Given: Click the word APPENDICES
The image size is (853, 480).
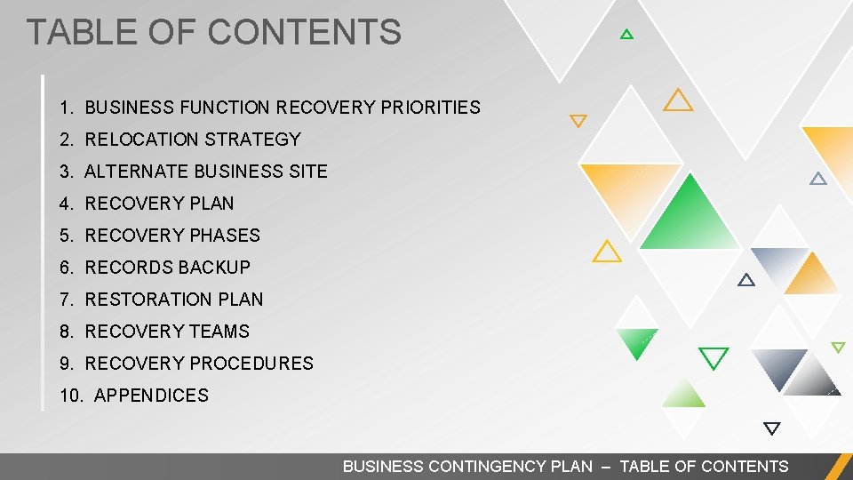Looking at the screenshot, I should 151,396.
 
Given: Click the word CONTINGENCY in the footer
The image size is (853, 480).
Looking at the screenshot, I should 510,467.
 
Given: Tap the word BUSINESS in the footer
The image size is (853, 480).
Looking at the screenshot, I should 383,467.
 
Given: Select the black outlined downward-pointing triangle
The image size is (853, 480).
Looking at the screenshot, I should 771,428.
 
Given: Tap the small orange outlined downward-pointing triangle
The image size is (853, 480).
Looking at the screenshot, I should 578,121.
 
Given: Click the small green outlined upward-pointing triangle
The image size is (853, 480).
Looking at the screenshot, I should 626,35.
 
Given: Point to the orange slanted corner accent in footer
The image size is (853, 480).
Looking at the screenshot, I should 837,467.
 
